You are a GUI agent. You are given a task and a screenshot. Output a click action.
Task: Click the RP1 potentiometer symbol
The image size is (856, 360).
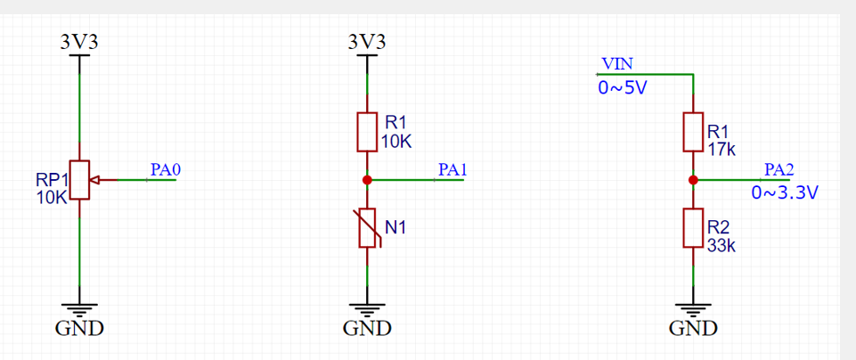point(79,180)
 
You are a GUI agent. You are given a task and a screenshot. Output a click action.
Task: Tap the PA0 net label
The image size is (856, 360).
point(166,169)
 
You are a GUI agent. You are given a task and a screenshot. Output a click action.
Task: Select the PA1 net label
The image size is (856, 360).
point(452,169)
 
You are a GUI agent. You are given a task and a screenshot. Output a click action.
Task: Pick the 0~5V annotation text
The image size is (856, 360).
point(621,88)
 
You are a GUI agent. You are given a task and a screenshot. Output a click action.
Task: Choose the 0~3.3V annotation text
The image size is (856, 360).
point(785,192)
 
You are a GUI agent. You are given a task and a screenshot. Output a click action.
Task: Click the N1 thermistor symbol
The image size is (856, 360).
point(367,228)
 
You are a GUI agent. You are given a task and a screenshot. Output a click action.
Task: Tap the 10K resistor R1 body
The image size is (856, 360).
point(367,132)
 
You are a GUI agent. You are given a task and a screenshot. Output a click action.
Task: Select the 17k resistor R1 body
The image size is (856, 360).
point(693,132)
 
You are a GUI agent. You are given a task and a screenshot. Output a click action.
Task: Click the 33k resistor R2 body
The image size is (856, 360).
point(693,228)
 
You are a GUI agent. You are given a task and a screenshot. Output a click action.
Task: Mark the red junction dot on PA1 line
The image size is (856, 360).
point(367,180)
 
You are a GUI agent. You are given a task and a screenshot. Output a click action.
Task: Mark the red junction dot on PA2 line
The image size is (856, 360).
point(693,180)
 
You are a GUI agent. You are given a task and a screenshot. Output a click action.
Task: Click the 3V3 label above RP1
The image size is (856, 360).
point(79,42)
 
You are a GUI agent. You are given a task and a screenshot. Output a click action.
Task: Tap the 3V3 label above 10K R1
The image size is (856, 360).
point(367,42)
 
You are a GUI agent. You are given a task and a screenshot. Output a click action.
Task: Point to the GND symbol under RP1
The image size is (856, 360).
point(79,311)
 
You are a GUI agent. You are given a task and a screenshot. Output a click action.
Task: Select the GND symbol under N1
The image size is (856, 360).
point(367,311)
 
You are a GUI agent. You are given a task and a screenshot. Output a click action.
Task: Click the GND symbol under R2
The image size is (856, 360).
point(693,311)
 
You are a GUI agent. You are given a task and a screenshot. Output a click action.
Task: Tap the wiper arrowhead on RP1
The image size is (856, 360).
point(96,180)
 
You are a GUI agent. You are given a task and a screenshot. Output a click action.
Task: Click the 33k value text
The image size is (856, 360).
point(721,246)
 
